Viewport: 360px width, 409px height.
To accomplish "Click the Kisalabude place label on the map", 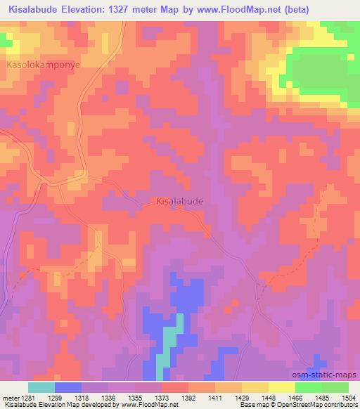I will (179, 201).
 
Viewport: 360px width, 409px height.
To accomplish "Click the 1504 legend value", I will (348, 397).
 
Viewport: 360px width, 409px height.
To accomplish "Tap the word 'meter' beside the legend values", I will (9, 397).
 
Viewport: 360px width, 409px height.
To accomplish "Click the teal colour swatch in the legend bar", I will (41, 387).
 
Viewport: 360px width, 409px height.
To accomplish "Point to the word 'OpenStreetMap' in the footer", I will (295, 405).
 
